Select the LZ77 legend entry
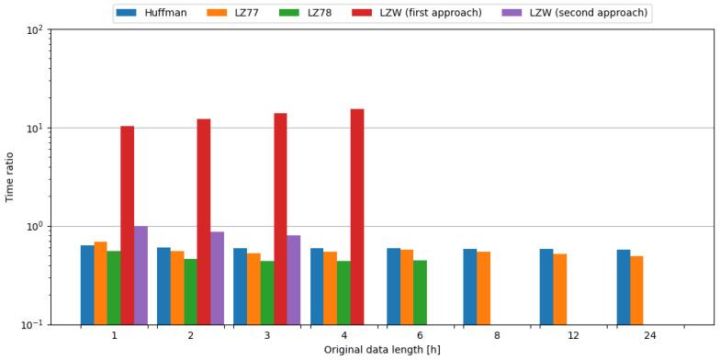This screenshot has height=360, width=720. pyautogui.click(x=234, y=13)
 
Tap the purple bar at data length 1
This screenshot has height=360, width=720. pyautogui.click(x=141, y=276)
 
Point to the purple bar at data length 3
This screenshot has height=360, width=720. pyautogui.click(x=294, y=280)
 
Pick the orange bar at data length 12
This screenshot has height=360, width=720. pyautogui.click(x=560, y=289)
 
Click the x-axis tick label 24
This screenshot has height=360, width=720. pyautogui.click(x=650, y=336)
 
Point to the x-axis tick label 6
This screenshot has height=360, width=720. pyautogui.click(x=420, y=336)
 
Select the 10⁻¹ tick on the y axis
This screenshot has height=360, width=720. pyautogui.click(x=33, y=325)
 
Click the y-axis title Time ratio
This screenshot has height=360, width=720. pyautogui.click(x=10, y=176)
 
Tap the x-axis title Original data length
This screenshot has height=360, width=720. pyautogui.click(x=381, y=350)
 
